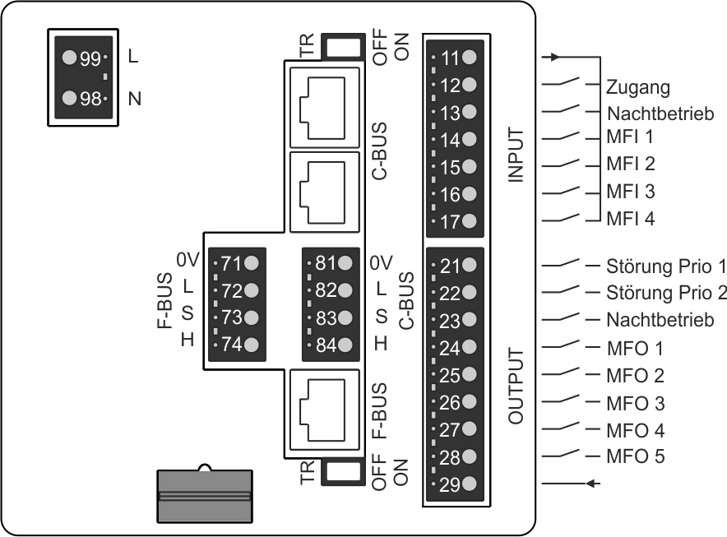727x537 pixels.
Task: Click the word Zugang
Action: (638, 86)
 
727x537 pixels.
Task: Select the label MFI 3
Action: (631, 192)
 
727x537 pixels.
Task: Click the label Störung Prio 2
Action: (666, 293)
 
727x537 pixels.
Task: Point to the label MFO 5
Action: (634, 456)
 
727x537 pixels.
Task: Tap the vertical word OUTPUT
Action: (516, 385)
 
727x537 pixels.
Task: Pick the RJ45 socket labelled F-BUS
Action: (324, 410)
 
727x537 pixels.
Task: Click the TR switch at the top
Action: (344, 45)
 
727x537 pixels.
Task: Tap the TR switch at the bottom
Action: (344, 471)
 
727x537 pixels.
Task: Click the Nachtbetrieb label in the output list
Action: (660, 320)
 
